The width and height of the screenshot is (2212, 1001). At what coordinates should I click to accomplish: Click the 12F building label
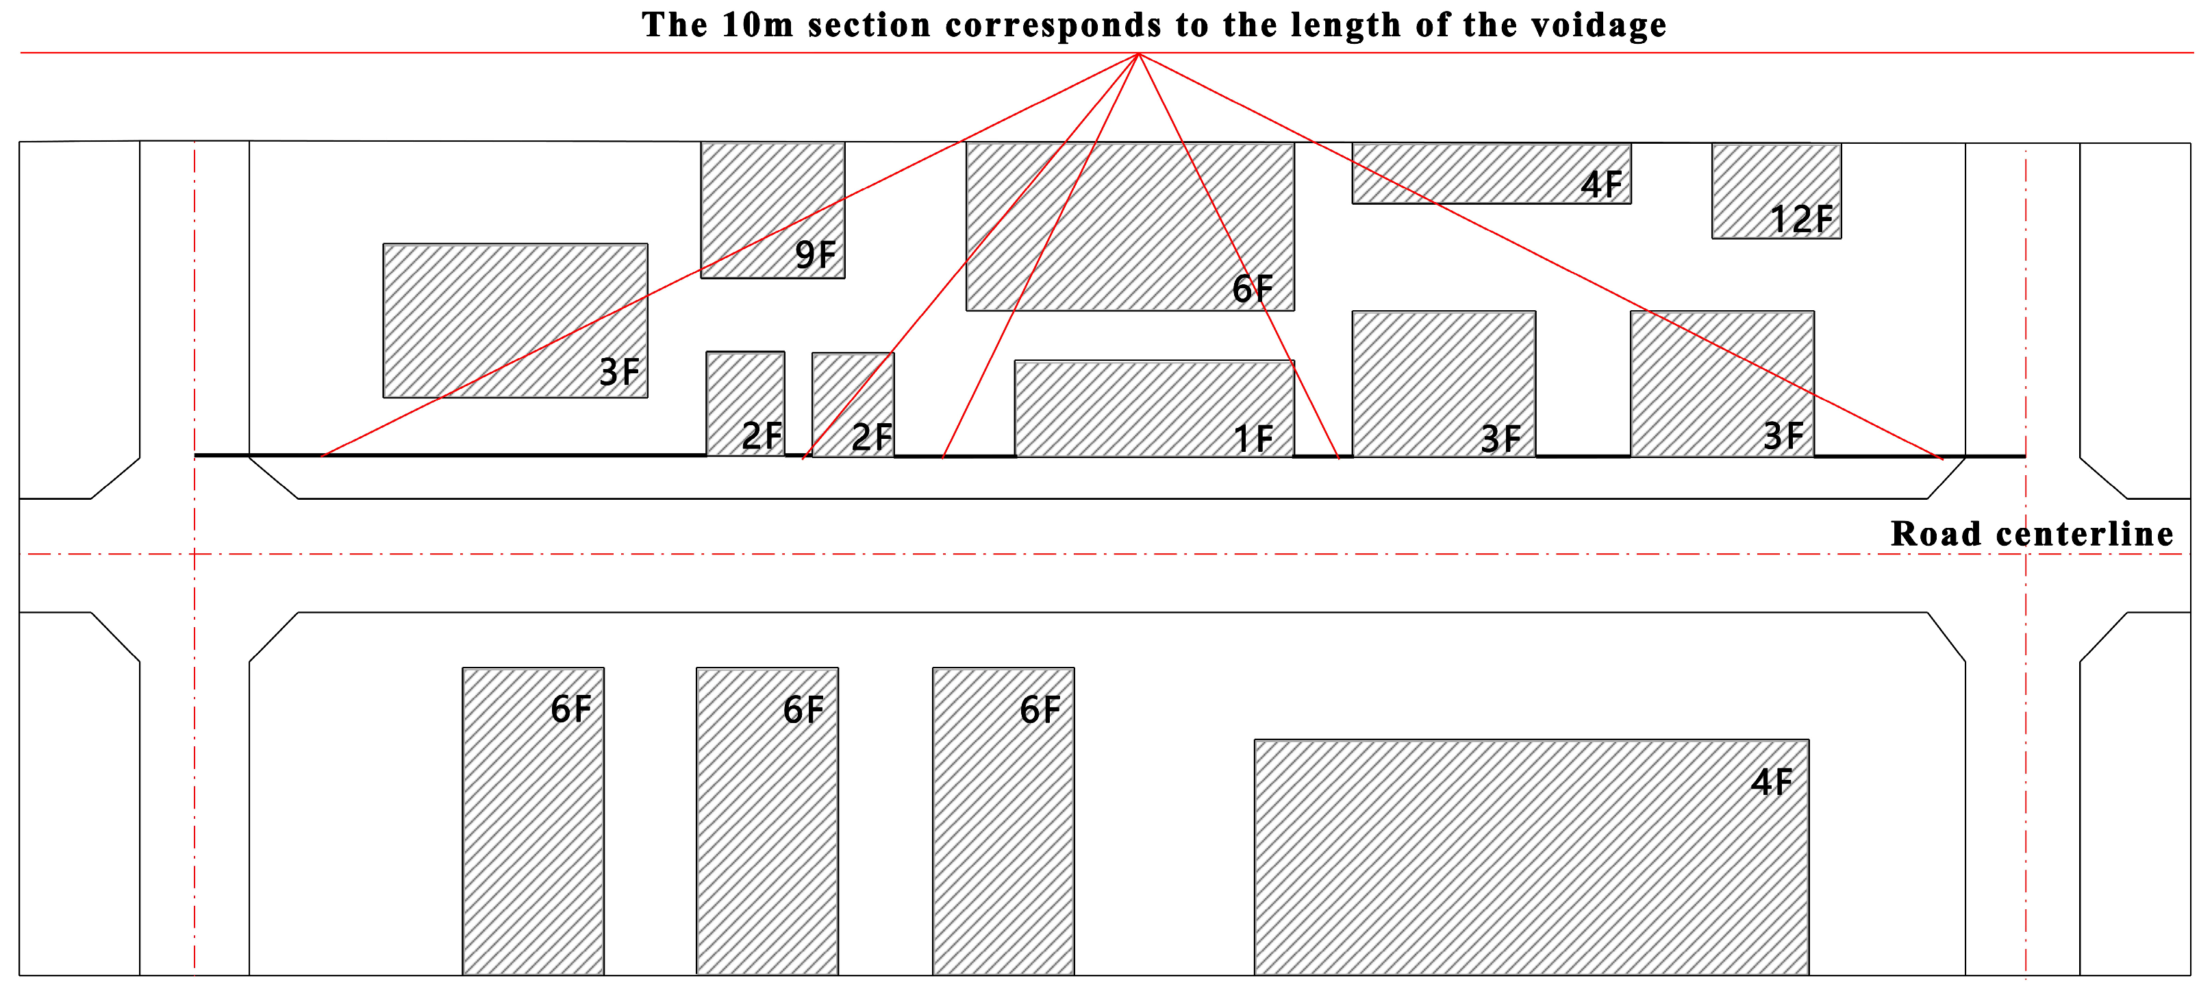point(1802,220)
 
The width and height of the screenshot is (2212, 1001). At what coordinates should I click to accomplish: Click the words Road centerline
point(2032,534)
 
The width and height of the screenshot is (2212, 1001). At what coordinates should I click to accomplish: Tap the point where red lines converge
point(1139,53)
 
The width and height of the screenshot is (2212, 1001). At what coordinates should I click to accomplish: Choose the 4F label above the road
point(1601,186)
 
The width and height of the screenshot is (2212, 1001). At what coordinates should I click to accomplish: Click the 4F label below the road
point(1772,782)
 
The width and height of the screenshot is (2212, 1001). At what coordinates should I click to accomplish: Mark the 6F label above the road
point(1252,290)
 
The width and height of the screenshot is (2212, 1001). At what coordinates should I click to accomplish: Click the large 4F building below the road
point(1531,859)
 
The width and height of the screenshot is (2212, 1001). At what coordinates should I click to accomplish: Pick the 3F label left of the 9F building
point(619,372)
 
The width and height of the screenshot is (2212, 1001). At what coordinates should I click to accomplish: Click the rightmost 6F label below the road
point(1040,710)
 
